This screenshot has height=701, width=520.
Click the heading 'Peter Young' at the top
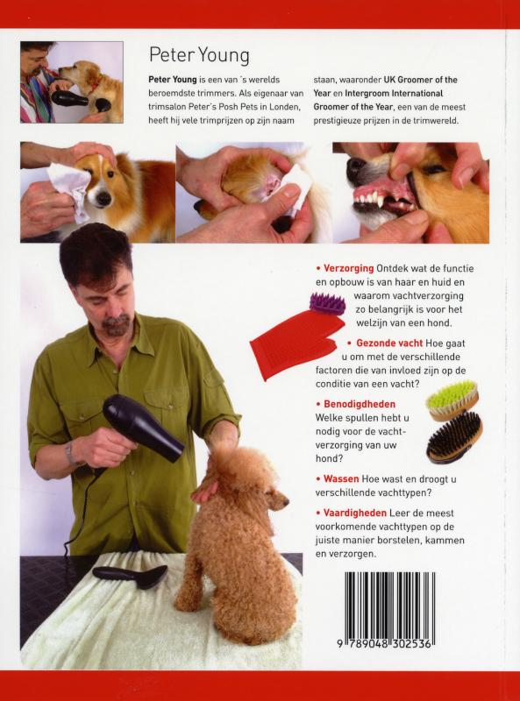[199, 56]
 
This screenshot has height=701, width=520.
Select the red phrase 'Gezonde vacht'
[389, 343]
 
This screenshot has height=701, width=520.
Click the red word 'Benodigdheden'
[360, 404]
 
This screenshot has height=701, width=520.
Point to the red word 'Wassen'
[341, 478]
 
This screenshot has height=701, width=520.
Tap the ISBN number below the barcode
[385, 644]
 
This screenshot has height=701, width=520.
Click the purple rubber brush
[327, 303]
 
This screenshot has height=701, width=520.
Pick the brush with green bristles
[452, 400]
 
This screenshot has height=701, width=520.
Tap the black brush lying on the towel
[130, 575]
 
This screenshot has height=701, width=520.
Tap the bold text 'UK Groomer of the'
[421, 80]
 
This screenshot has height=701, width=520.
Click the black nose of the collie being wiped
[103, 199]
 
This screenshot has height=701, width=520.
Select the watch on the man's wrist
[70, 452]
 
